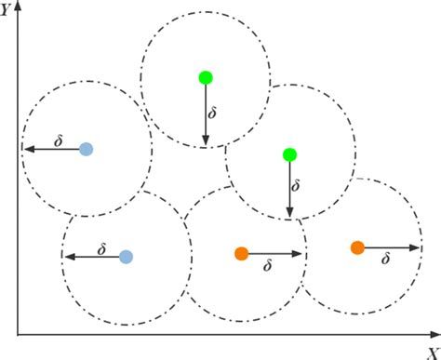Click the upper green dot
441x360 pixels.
pyautogui.click(x=206, y=77)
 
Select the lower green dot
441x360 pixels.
pyautogui.click(x=289, y=153)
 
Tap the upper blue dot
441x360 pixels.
pyautogui.click(x=86, y=148)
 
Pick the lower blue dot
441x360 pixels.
pyautogui.click(x=126, y=256)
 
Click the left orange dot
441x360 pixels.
pyautogui.click(x=241, y=253)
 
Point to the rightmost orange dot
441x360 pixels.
pyautogui.click(x=357, y=247)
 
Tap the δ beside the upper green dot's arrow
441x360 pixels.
pyautogui.click(x=213, y=113)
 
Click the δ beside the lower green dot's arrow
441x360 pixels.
pyautogui.click(x=297, y=186)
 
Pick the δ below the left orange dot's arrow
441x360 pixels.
pyautogui.click(x=268, y=266)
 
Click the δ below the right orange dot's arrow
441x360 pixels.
pyautogui.click(x=385, y=260)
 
